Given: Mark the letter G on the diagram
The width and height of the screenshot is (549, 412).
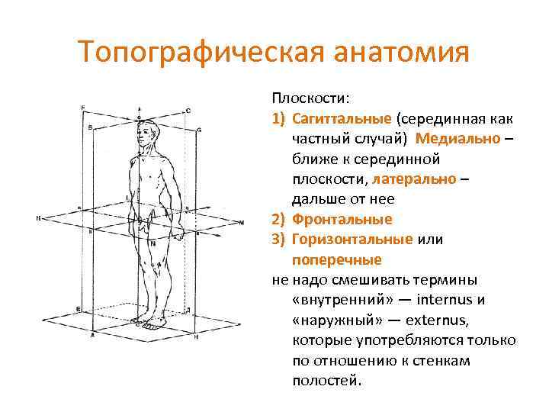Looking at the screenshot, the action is (x=198, y=130).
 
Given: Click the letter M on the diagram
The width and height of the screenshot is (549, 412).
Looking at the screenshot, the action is (x=242, y=223).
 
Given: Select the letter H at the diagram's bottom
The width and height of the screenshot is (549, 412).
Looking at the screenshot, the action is (x=196, y=336).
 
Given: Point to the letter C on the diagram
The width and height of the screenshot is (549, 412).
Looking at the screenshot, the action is (x=188, y=111).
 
